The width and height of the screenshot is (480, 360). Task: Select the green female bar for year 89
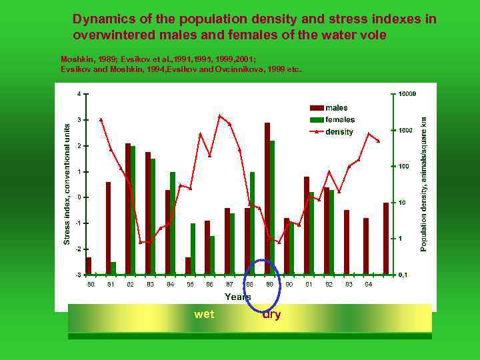pos(272,207)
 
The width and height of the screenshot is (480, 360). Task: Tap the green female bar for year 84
pos(173,223)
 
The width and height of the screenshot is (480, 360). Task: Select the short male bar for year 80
pos(89,265)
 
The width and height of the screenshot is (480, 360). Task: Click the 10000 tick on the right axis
pos(407,94)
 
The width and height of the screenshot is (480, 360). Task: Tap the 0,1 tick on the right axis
pos(403,275)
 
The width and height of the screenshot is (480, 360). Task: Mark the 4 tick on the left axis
pos(79,93)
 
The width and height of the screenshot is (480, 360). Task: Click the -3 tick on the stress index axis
pos(78,275)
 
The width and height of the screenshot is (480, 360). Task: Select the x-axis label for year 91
pos(309,285)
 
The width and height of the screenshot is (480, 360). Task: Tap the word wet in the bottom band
pos(204,315)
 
